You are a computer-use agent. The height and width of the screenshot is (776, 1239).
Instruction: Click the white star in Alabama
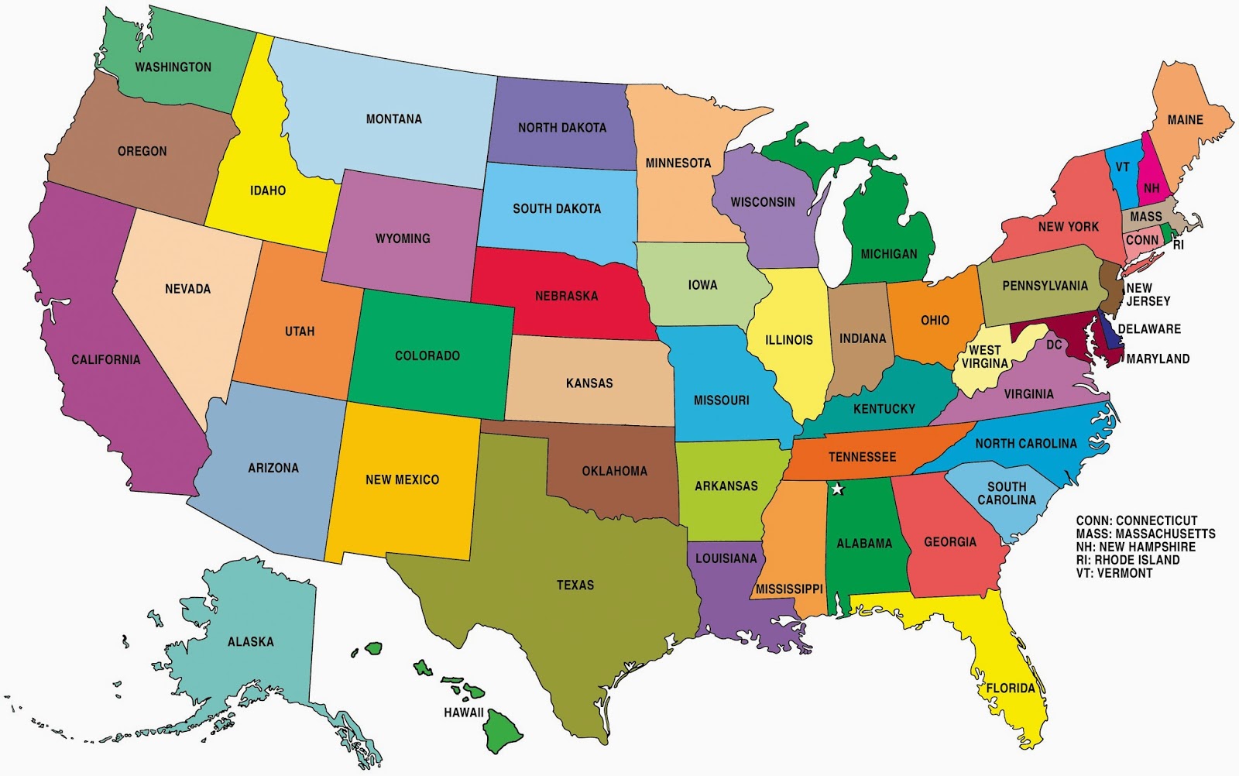[x=837, y=489]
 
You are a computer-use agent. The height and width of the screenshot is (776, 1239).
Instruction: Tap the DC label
[x=1054, y=345]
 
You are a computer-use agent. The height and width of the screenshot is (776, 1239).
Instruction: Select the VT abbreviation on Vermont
[x=1122, y=167]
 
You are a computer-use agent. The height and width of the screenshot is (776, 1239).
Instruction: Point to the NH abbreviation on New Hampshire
[x=1151, y=189]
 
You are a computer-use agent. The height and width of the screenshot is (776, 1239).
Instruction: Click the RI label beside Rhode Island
[x=1178, y=246]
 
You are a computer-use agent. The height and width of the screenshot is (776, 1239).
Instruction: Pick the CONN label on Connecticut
[x=1142, y=241]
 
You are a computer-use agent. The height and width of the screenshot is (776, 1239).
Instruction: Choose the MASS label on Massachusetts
[x=1145, y=217]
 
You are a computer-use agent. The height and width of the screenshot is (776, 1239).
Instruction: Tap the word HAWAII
[x=463, y=712]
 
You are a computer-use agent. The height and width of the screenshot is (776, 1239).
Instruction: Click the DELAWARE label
[x=1149, y=329]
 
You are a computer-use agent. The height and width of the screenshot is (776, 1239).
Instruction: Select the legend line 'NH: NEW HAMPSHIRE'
[x=1135, y=547]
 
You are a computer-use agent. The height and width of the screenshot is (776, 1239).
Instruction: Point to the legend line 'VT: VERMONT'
[x=1114, y=573]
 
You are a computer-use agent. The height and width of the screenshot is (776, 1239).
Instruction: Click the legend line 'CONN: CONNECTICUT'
[x=1137, y=520]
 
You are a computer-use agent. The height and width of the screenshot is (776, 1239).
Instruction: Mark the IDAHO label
[x=268, y=191]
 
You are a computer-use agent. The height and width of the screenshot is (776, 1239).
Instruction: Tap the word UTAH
[x=300, y=331]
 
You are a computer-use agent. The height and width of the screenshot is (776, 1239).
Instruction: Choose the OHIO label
[x=935, y=321]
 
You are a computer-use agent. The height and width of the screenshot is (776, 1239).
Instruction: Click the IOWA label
[x=702, y=285]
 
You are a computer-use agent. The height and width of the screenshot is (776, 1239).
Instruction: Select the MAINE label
[x=1185, y=120]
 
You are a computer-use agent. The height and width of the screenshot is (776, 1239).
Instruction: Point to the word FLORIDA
[x=1010, y=688]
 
